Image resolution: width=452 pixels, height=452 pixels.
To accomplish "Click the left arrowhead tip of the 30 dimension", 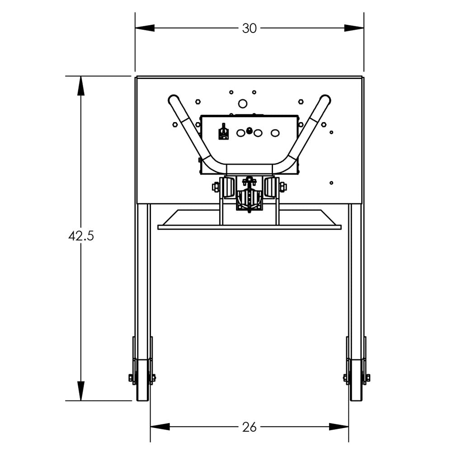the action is click(x=135, y=28).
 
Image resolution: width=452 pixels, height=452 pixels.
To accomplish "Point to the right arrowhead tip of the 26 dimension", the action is click(x=348, y=427).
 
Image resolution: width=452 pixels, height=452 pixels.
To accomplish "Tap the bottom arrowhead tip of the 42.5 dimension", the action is click(x=81, y=400).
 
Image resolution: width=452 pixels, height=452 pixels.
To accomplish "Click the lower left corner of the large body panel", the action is click(x=137, y=203).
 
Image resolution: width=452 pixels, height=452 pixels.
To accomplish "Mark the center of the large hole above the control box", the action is click(x=242, y=104).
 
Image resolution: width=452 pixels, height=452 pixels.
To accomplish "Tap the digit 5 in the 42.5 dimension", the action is click(x=90, y=236).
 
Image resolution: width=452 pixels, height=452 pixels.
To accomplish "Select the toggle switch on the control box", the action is click(x=223, y=132).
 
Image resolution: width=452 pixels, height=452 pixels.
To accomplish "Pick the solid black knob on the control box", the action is click(x=249, y=131).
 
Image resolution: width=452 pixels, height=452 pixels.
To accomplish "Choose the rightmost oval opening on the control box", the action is click(x=275, y=133).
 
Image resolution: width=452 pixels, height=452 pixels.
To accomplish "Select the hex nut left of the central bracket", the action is click(x=216, y=187).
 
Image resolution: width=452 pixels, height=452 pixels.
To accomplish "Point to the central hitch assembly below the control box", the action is click(x=250, y=194).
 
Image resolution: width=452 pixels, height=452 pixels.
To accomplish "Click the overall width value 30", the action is click(x=249, y=28).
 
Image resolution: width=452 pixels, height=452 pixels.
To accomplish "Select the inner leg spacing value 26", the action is click(x=250, y=427).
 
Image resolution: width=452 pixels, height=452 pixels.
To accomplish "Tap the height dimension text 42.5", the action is click(x=81, y=236).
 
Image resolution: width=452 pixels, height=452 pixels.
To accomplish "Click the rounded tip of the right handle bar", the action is click(x=325, y=99).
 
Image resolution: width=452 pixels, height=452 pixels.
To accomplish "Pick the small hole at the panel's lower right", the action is click(x=331, y=183).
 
